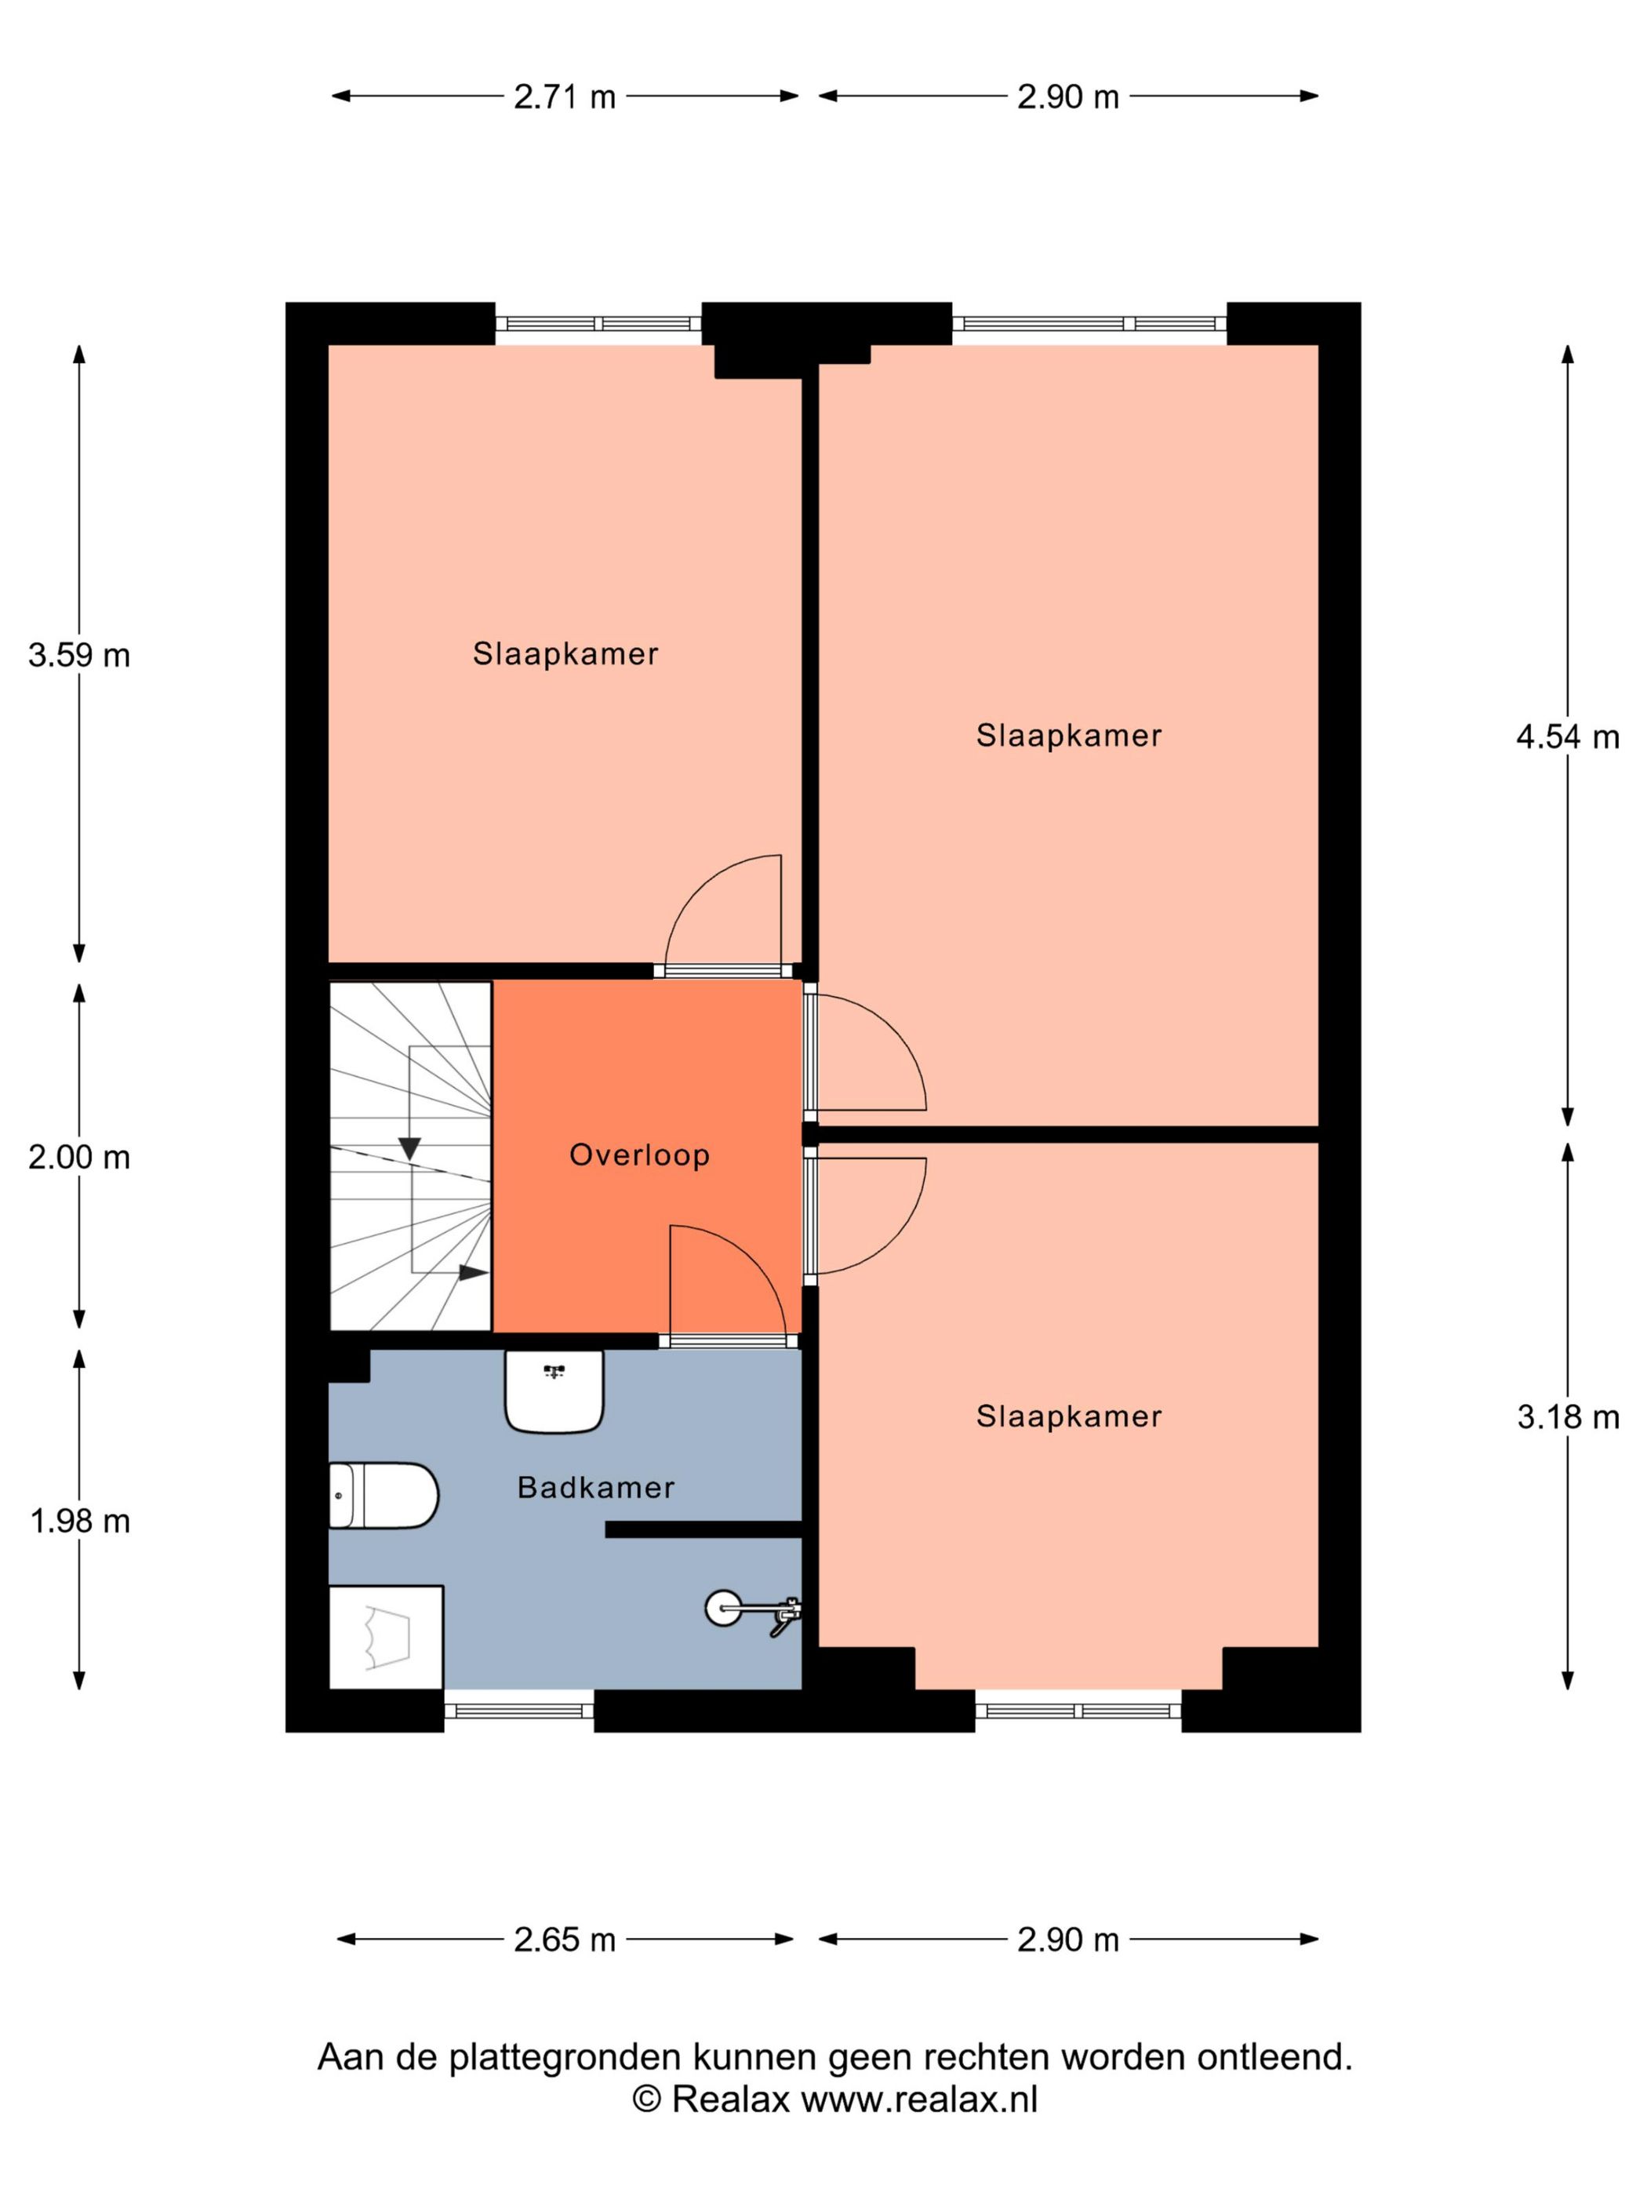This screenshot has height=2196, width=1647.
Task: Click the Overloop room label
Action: click(x=639, y=1154)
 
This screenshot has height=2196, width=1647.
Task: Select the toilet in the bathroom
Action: click(x=384, y=1495)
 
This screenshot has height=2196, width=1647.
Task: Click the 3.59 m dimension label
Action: click(x=79, y=655)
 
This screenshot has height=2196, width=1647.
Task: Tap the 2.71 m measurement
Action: click(x=565, y=97)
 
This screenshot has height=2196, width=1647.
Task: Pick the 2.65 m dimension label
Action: click(x=565, y=1939)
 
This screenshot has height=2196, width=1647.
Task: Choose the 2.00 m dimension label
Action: click(x=79, y=1158)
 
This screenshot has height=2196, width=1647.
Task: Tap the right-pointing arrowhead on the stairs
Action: click(x=474, y=1273)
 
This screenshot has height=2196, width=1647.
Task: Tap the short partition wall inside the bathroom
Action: click(x=703, y=1530)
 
